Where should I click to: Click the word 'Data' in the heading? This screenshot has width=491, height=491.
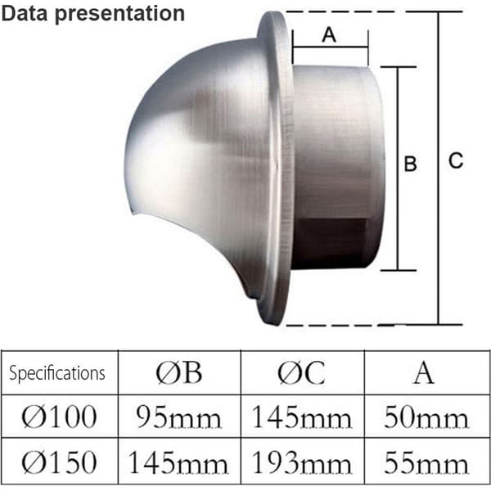(x=25, y=13)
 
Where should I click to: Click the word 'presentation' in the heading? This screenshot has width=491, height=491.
(x=120, y=15)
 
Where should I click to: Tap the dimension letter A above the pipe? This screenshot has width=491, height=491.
(x=329, y=34)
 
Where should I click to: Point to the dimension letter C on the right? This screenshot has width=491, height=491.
(x=456, y=160)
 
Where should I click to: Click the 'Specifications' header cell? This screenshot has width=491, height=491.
(x=57, y=373)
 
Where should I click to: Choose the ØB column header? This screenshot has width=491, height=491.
(x=178, y=372)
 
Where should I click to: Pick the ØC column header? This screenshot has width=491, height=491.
(x=301, y=372)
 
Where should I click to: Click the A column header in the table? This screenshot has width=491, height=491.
(x=424, y=372)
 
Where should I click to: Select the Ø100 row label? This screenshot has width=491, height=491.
(x=59, y=417)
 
